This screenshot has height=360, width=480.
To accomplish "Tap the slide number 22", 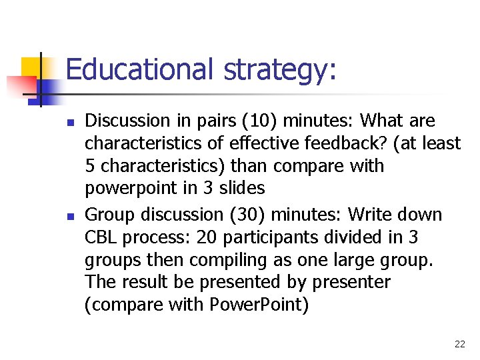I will [x=459, y=344].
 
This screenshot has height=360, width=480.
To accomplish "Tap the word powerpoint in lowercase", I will [x=131, y=189].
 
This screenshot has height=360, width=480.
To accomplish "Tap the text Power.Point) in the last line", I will [x=258, y=305].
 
